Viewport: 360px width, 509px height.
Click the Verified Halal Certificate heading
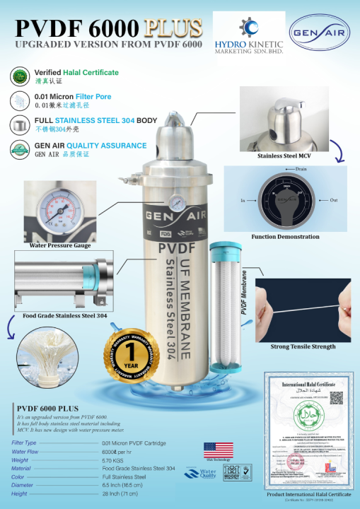76,73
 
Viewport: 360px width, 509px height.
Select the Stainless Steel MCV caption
283,156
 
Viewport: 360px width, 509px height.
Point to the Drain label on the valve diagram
301,170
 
